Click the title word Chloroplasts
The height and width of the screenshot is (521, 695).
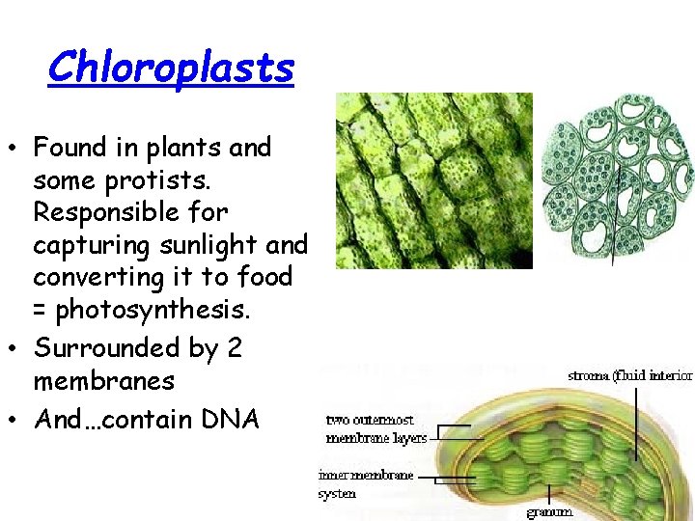[170, 68]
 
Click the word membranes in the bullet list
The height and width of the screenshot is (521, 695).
[103, 381]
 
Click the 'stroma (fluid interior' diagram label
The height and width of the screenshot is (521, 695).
[630, 375]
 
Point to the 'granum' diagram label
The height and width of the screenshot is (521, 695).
[549, 511]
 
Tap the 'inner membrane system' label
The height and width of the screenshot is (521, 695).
[366, 484]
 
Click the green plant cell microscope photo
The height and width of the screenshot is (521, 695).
[433, 180]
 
